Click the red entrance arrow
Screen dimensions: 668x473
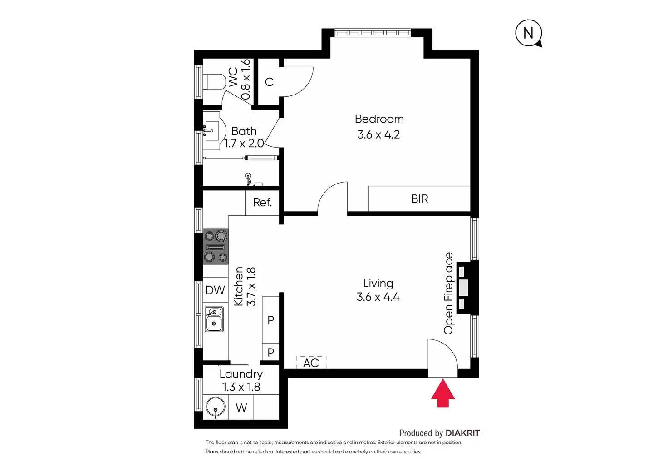coord(442,393)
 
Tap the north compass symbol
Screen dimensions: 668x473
coord(528,33)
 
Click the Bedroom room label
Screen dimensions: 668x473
coord(379,119)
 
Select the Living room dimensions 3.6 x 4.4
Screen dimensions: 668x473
coord(378,297)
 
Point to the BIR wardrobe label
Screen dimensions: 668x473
coord(419,199)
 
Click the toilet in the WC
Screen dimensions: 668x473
coord(216,82)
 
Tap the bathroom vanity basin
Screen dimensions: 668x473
coord(211,131)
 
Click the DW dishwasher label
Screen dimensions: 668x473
coord(215,290)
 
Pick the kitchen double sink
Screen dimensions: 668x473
coord(214,319)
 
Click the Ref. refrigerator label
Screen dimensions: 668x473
coord(262,203)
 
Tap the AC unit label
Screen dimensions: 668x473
coord(311,363)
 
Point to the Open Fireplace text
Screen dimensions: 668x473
coord(448,294)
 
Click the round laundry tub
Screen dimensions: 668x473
coord(215,407)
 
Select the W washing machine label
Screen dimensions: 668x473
coord(241,408)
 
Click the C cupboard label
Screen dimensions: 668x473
coord(269,82)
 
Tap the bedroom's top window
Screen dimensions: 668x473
coord(373,33)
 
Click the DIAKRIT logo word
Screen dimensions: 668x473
coord(462,433)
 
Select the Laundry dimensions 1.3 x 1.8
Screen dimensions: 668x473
coord(241,387)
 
